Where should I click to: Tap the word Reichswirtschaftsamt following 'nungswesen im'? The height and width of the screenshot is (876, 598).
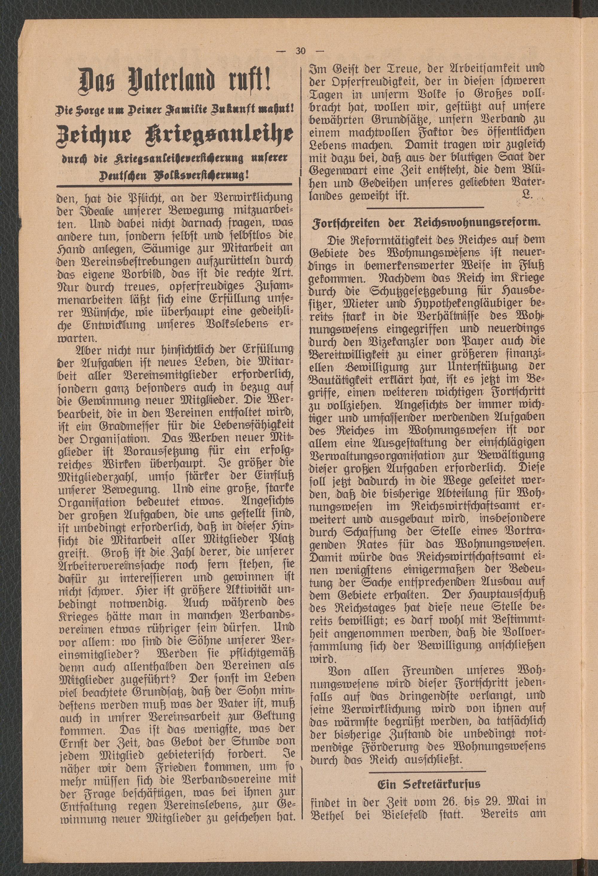coord(458,506)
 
